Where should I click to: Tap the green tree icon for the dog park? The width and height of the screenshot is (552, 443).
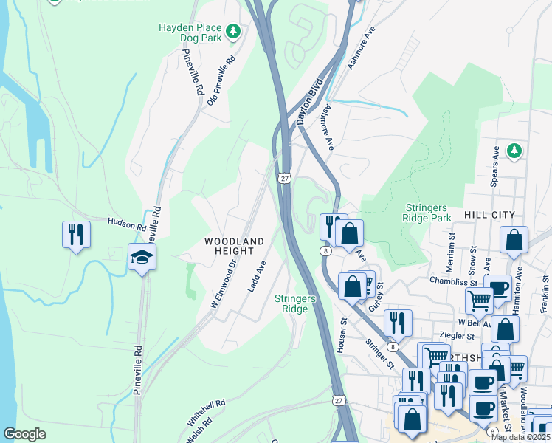pyautogui.click(x=233, y=31)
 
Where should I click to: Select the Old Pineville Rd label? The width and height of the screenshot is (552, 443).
pyautogui.click(x=221, y=79)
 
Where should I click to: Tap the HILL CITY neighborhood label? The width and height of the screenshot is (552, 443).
pyautogui.click(x=489, y=214)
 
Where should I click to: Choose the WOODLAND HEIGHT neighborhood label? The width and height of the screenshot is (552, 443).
pyautogui.click(x=234, y=247)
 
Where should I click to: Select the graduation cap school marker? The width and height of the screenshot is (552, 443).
pyautogui.click(x=142, y=258)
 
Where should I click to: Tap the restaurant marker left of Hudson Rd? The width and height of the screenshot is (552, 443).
pyautogui.click(x=76, y=235)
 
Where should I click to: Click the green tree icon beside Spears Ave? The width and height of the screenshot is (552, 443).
pyautogui.click(x=515, y=151)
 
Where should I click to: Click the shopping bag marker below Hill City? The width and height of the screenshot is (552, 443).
pyautogui.click(x=514, y=241)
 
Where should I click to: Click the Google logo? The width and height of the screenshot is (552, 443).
pyautogui.click(x=24, y=434)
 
